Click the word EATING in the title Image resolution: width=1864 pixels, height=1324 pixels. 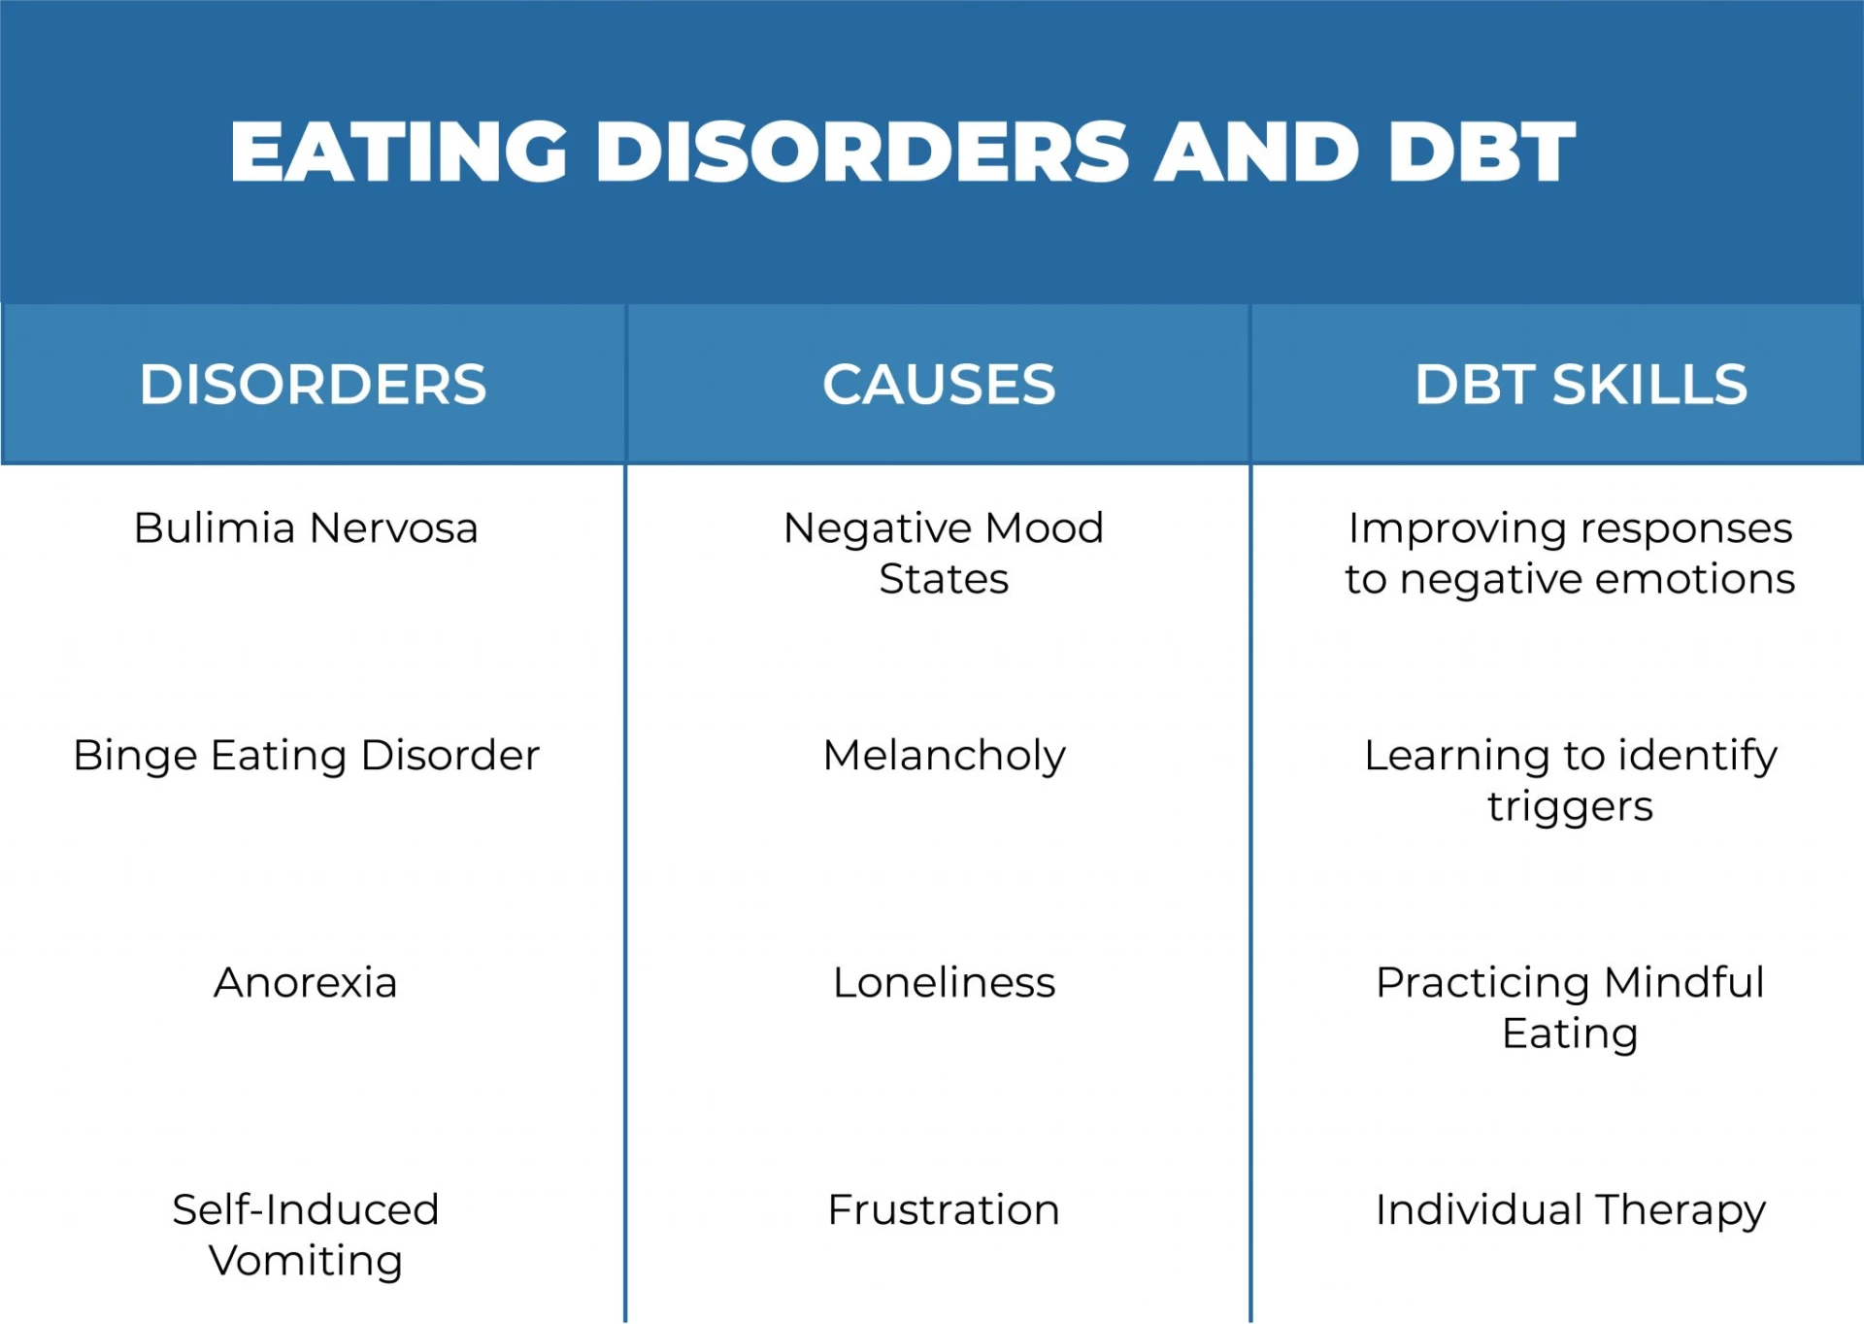click(x=399, y=153)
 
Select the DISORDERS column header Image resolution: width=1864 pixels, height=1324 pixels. click(x=313, y=385)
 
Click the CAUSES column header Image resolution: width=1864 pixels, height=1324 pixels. click(x=939, y=385)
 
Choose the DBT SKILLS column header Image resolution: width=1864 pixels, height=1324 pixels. click(x=1581, y=385)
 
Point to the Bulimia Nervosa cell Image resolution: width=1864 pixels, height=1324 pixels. click(x=306, y=528)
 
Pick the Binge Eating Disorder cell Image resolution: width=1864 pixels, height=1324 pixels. click(x=306, y=756)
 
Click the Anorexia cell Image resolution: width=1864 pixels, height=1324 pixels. click(x=306, y=983)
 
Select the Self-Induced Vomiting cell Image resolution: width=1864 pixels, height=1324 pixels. click(x=306, y=1235)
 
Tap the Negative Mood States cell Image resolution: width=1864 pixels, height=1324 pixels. click(x=944, y=554)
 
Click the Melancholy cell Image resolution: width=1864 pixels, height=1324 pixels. click(x=944, y=756)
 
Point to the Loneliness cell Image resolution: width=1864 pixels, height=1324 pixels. click(x=944, y=983)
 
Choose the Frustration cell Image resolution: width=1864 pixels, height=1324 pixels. click(x=944, y=1210)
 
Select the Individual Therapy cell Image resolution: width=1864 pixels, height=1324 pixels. click(x=1570, y=1210)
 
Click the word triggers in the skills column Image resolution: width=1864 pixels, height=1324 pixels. click(x=1570, y=807)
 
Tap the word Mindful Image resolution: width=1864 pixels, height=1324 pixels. click(x=1683, y=983)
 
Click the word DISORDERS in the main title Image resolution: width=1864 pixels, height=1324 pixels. click(x=862, y=153)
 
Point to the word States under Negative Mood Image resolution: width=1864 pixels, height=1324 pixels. click(x=944, y=580)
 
